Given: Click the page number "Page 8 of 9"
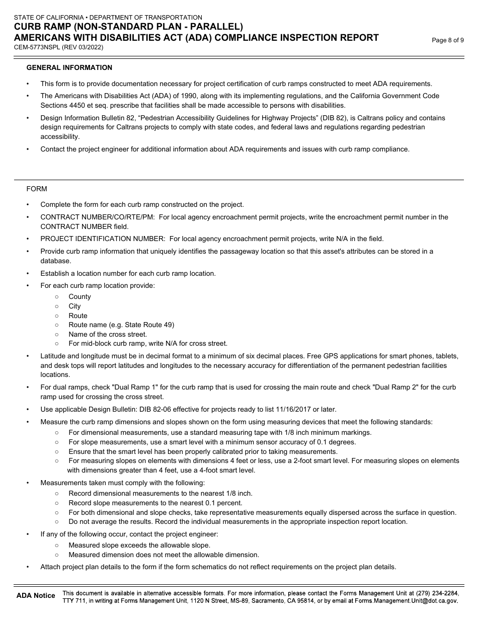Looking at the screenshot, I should coord(448,41).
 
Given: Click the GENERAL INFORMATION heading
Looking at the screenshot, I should coord(69,68).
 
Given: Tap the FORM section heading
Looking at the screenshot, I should coord(37,189).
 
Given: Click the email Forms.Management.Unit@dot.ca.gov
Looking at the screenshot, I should coord(407,601).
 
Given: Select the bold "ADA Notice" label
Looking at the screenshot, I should coord(36,596).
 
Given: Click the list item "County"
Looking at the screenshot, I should coord(79,297).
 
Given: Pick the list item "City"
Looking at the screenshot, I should coord(74,306).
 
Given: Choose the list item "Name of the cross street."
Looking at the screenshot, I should coord(108,335).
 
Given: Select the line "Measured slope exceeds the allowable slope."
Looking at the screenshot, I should coord(139,546).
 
